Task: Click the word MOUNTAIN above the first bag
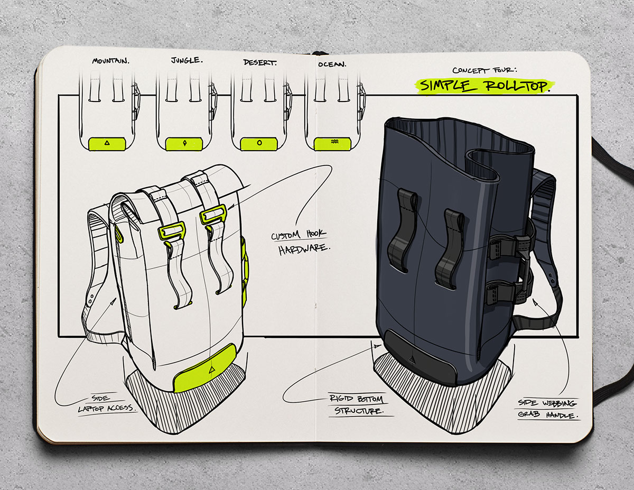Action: (x=110, y=61)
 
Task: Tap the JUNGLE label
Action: (x=187, y=60)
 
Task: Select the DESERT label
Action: (x=259, y=62)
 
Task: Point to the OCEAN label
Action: (x=332, y=64)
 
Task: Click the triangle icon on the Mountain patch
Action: (x=107, y=143)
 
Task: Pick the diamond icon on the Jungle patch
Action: (x=184, y=143)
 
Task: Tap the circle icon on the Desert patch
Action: (x=259, y=143)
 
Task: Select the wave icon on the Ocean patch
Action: (x=334, y=142)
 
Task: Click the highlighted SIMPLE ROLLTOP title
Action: (x=484, y=86)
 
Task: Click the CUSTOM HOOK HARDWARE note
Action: (x=301, y=242)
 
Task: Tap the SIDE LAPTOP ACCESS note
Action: (x=107, y=404)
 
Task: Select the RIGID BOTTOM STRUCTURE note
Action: (x=358, y=405)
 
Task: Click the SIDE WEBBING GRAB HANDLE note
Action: (x=548, y=409)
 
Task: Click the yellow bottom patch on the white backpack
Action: (x=205, y=368)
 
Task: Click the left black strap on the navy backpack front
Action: (x=402, y=230)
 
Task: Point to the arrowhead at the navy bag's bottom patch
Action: (x=378, y=346)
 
